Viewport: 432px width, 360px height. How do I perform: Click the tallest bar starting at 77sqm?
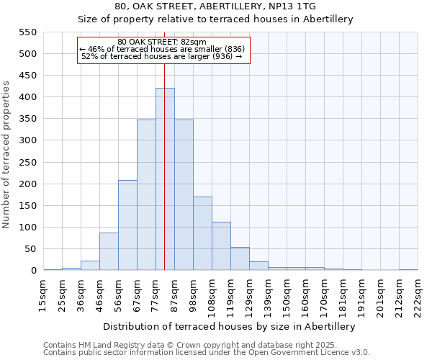coord(165,179)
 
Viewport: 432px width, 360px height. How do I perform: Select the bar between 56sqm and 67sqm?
coord(127,225)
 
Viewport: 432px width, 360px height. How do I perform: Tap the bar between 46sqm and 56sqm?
coord(109,251)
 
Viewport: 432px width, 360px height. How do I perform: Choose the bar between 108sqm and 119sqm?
coord(221,246)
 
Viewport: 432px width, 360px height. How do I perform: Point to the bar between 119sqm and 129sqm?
coord(240,259)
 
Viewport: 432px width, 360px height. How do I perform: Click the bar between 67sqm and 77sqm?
coord(146,195)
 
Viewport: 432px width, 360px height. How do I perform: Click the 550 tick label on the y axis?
coord(27,32)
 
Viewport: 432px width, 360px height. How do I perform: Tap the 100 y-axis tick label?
coord(27,228)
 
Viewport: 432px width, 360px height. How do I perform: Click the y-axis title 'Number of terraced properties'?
coord(6,155)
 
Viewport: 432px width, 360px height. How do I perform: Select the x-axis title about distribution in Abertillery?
coord(230,326)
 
